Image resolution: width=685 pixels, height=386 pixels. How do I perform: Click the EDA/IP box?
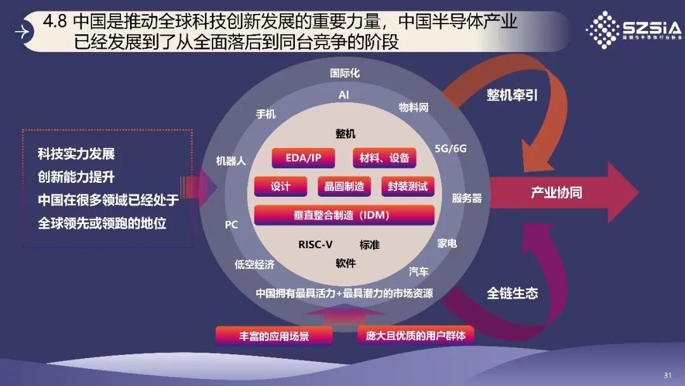click(x=303, y=158)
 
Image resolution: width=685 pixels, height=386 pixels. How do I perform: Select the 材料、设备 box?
click(x=384, y=158)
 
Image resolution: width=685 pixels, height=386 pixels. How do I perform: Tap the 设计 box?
click(x=280, y=187)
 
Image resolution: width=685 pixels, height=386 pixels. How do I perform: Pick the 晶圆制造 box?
click(x=344, y=187)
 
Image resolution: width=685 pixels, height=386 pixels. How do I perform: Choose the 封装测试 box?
click(x=408, y=187)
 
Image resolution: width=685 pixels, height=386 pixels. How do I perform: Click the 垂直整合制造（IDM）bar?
click(x=344, y=215)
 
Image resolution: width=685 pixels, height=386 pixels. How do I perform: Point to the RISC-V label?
click(x=315, y=244)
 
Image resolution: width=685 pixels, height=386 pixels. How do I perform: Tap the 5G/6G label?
click(x=450, y=149)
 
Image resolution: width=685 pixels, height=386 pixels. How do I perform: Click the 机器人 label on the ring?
click(x=231, y=161)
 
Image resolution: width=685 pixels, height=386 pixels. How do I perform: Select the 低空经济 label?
click(x=254, y=265)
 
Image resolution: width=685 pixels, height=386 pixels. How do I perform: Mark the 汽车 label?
click(x=419, y=272)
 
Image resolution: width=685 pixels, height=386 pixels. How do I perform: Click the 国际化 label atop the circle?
click(x=344, y=73)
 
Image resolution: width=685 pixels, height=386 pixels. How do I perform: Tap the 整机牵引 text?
click(x=512, y=95)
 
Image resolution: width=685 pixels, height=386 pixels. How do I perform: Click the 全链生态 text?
click(x=512, y=293)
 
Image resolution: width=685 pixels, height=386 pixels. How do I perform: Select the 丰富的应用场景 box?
click(x=274, y=336)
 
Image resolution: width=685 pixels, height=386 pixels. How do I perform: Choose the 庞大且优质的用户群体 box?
click(x=415, y=335)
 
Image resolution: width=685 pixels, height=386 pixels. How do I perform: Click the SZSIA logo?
click(x=632, y=29)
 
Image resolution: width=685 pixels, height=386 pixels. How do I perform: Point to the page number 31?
click(x=667, y=375)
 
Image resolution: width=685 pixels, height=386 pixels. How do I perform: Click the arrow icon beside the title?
click(x=23, y=31)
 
